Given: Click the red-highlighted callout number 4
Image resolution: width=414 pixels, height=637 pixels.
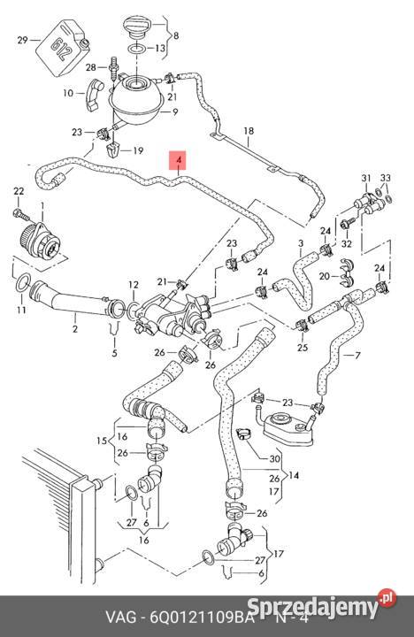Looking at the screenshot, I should [x=180, y=161].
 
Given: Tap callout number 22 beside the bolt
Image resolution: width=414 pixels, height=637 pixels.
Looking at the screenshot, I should [x=19, y=192].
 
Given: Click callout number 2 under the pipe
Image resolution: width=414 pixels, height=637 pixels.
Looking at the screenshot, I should [x=75, y=329].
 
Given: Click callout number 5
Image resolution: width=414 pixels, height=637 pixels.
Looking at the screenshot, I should [x=113, y=354].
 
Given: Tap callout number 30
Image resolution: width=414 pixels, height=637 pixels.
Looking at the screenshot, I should [x=274, y=459].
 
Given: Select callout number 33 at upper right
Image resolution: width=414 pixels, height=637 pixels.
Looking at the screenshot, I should [x=385, y=179].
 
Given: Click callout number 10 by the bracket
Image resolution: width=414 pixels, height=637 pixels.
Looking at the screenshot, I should [x=68, y=92].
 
